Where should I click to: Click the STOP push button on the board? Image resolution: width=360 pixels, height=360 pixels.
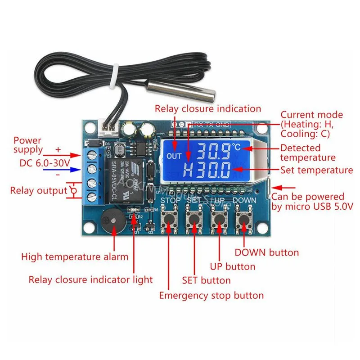(x=169, y=219)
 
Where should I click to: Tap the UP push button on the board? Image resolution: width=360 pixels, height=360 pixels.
(x=219, y=219)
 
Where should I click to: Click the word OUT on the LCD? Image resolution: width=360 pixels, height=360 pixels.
(x=173, y=157)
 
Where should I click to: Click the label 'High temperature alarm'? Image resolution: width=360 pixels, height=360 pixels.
(x=75, y=257)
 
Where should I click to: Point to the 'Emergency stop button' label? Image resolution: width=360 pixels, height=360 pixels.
(x=211, y=296)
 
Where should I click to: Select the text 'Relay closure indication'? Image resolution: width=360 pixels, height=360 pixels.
(x=208, y=108)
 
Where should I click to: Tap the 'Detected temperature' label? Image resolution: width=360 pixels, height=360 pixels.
(x=308, y=153)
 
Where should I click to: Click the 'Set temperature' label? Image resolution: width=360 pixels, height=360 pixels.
(x=316, y=170)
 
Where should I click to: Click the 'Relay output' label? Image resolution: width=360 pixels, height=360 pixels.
(x=38, y=190)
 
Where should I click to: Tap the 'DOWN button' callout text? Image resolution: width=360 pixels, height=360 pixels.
(x=266, y=252)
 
